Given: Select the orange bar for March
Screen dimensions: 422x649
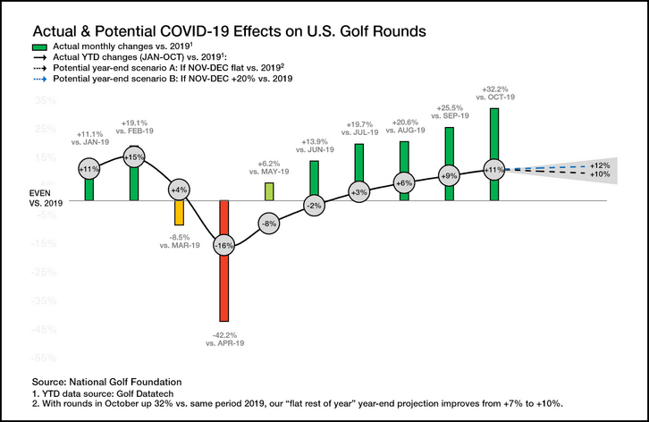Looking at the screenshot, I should [179, 214].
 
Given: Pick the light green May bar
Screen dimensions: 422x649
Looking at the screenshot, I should [268, 191].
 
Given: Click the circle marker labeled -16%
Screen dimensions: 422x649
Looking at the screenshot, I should [223, 245].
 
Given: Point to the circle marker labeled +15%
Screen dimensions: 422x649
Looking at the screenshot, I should [134, 157].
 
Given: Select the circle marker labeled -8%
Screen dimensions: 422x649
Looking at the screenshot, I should [268, 223].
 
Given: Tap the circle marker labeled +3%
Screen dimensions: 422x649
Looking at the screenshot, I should [359, 192].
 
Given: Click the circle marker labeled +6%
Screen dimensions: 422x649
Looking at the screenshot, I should [404, 182].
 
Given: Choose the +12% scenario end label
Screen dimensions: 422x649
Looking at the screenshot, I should [600, 165].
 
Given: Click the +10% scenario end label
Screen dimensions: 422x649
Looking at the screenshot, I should [600, 174].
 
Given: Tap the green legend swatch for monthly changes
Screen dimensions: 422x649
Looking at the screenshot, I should [40, 46].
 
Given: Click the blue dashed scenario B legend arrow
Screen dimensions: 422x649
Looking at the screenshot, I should [40, 80].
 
